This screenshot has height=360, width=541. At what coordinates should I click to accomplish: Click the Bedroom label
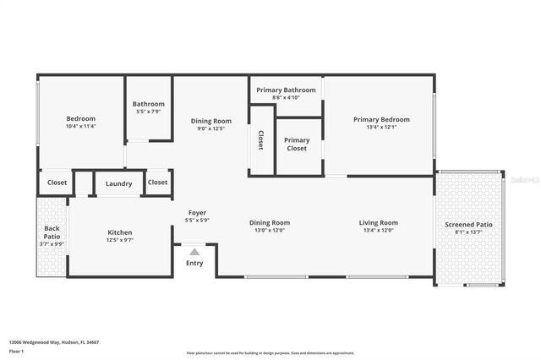click(81, 118)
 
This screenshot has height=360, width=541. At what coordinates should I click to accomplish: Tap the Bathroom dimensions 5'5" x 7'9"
click(149, 112)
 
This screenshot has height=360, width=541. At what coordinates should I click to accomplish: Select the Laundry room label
click(118, 183)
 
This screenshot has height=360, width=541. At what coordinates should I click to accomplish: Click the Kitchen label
click(119, 232)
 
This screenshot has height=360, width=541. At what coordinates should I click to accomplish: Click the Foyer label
click(196, 213)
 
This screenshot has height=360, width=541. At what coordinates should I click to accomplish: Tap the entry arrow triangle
click(194, 251)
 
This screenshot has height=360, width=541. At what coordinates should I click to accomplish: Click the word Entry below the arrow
click(194, 263)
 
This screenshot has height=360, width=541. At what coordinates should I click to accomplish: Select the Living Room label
click(380, 222)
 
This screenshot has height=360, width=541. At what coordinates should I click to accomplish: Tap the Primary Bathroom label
click(287, 90)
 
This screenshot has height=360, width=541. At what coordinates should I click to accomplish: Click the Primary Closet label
click(297, 145)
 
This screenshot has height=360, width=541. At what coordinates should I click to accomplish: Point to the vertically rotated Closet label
click(261, 140)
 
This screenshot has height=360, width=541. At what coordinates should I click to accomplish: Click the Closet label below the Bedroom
click(57, 183)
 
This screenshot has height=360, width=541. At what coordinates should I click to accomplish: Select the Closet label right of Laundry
click(157, 183)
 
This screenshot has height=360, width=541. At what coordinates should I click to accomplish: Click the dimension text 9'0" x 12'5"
click(210, 128)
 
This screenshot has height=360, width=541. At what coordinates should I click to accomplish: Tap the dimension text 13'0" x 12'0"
click(270, 230)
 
